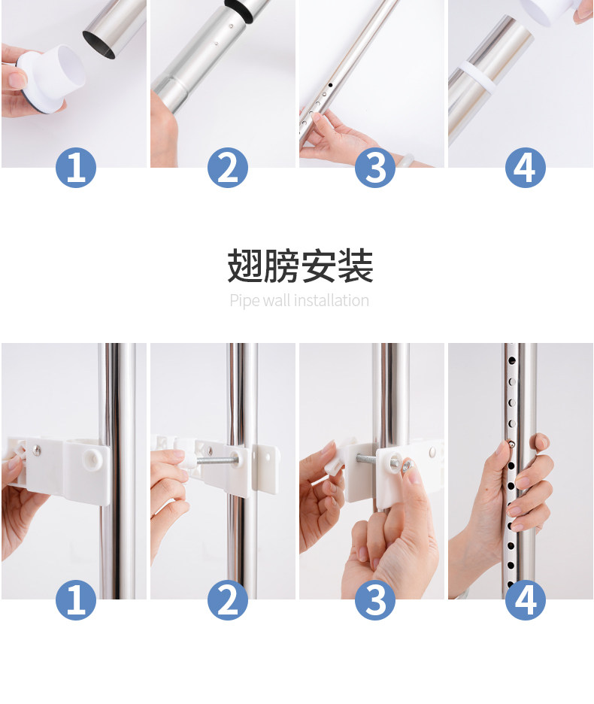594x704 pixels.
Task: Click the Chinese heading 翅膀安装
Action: point(300,266)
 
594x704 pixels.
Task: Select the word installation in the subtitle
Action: point(332,300)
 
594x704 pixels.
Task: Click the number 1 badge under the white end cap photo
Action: point(76,168)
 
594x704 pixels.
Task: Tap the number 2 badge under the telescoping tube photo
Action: point(228,168)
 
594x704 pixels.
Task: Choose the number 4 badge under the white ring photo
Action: point(526,168)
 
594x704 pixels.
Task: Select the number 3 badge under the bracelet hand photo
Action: point(375,168)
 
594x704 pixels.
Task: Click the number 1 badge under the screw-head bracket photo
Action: point(76,600)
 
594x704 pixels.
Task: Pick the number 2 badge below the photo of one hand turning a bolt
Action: point(228,600)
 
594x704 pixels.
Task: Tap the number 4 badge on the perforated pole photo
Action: point(526,600)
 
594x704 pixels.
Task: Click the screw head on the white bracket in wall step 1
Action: point(38,450)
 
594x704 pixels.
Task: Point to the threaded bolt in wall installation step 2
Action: point(216,460)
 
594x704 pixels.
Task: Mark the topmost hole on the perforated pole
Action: point(511,360)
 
